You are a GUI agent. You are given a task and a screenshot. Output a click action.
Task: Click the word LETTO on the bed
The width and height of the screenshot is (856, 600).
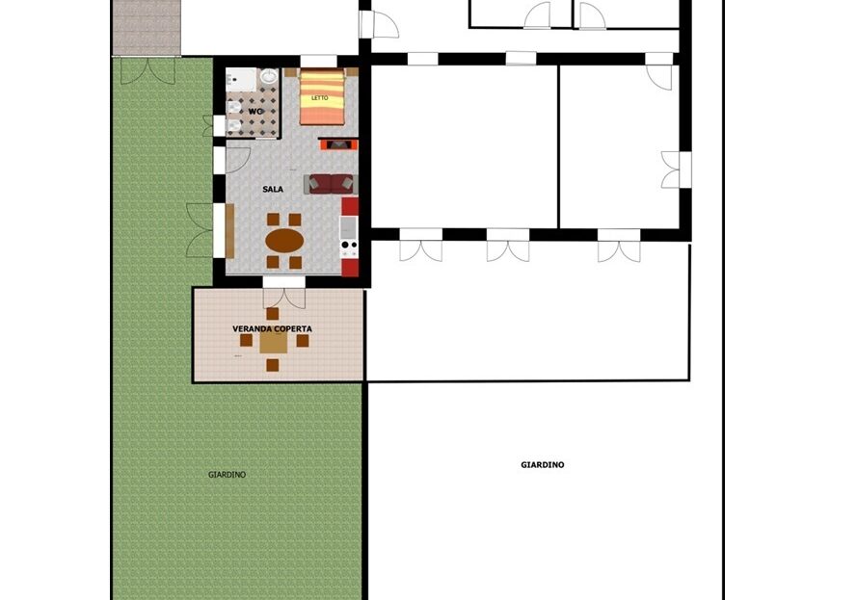[320, 98]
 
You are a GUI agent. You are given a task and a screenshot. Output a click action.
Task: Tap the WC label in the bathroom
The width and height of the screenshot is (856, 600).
[255, 112]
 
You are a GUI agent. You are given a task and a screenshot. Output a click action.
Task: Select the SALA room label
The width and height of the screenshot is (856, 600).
[273, 190]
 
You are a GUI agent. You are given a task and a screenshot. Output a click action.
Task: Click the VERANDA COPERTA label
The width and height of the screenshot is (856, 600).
[273, 329]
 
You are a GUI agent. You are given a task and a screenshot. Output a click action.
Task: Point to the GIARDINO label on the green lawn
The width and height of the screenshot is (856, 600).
[227, 475]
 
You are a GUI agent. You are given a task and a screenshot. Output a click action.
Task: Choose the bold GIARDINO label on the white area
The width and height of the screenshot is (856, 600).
[543, 465]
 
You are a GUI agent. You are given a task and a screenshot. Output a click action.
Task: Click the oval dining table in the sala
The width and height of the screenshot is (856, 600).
[284, 240]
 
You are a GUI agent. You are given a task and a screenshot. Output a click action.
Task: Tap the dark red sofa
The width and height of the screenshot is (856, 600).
[331, 184]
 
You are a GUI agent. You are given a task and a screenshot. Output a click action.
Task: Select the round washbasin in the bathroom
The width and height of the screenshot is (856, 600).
[268, 76]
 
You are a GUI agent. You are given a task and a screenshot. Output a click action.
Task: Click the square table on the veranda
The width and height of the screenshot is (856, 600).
[273, 342]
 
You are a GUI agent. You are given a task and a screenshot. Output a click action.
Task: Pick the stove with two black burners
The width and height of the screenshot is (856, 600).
[349, 248]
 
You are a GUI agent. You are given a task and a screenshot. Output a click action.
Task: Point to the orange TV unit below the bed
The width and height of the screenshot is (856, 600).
[339, 144]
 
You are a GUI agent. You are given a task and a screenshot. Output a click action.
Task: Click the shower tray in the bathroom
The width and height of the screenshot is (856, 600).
[241, 79]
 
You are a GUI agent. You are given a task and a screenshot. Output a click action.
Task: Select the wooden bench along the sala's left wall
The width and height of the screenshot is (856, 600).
[229, 231]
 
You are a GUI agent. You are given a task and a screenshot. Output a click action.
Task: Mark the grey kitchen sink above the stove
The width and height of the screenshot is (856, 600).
[349, 227]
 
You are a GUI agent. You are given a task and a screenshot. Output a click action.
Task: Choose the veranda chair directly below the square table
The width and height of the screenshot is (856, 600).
[273, 365]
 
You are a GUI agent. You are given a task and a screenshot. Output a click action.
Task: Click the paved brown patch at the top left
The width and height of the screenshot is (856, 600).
[147, 27]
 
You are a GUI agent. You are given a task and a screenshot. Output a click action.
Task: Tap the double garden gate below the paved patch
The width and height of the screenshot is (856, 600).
[147, 71]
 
